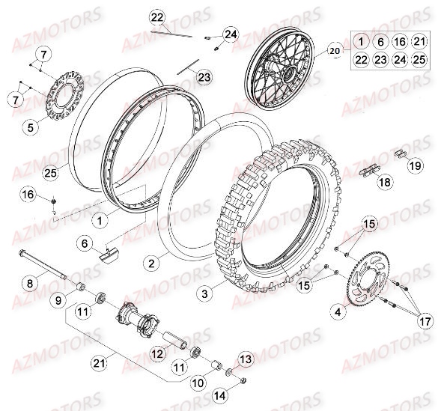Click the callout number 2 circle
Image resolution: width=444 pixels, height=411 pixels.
tap(152, 263)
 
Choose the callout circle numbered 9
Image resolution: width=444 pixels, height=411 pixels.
tap(57, 300)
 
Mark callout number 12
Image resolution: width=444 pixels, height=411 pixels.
tap(157, 353)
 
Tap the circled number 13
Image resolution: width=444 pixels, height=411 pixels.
tap(246, 359)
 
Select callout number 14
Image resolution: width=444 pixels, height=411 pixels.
tap(219, 395)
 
